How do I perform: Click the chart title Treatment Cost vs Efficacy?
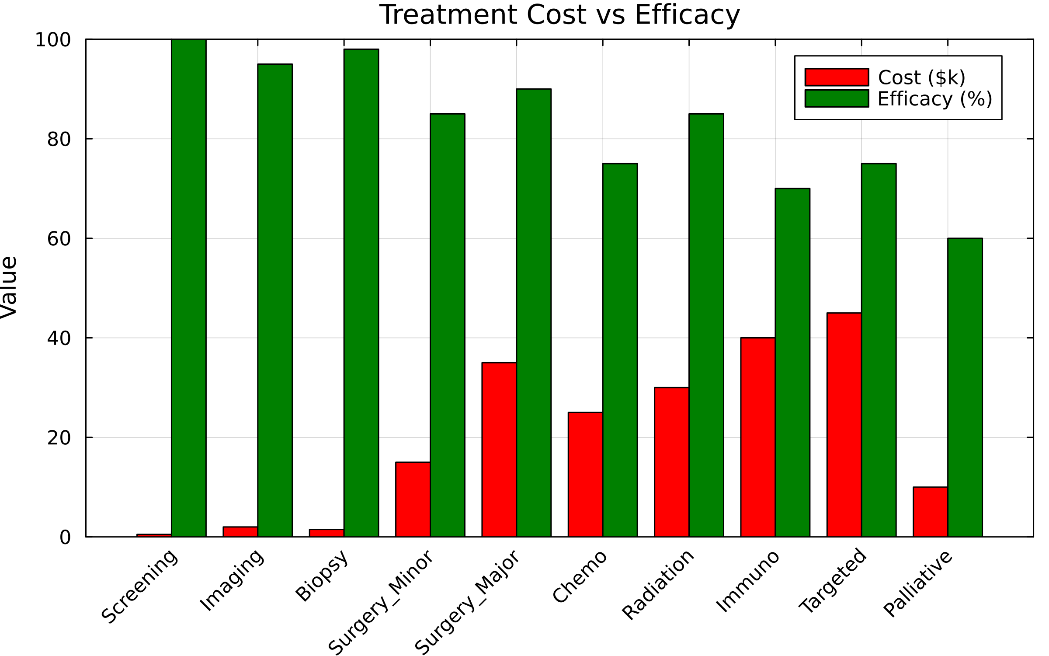coord(559,15)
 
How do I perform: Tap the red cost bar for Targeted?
coord(844,425)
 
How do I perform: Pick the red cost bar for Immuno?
coord(757,437)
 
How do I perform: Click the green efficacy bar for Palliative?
coord(965,387)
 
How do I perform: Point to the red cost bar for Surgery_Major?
coord(499,450)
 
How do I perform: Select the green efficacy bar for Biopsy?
coord(361,293)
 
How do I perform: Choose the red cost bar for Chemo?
coord(585,475)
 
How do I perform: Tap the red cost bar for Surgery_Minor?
coord(413,499)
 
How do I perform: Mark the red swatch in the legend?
coord(837,77)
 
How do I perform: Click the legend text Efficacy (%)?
coord(935,99)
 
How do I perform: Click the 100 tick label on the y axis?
coord(53,40)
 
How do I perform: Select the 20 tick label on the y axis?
coord(59,438)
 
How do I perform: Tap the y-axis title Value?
coord(9,287)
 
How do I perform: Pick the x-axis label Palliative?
coord(918,584)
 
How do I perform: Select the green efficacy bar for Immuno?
coord(792,363)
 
